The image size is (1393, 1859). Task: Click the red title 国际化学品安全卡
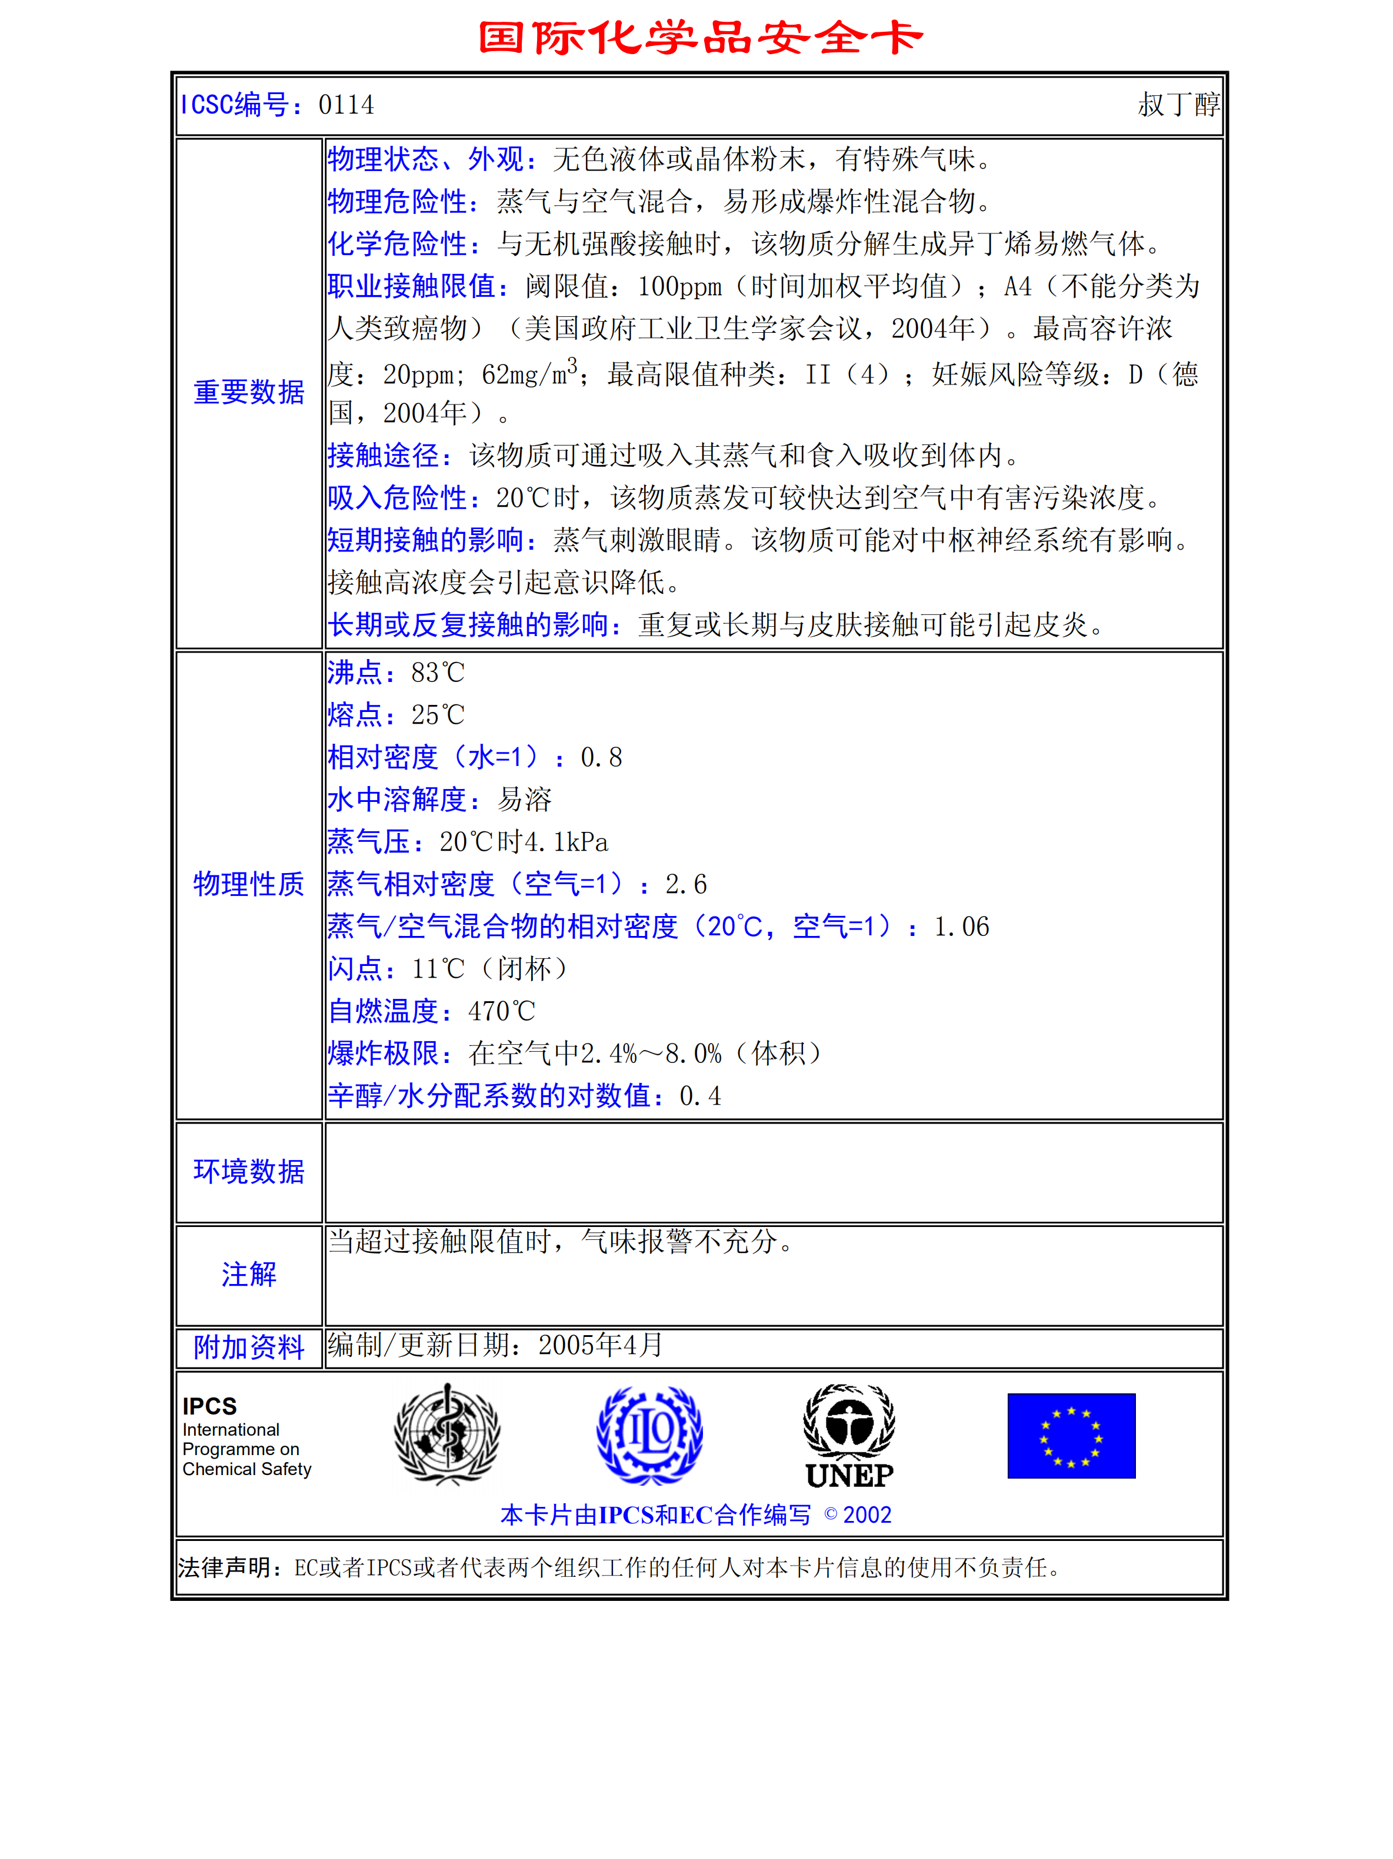point(700,38)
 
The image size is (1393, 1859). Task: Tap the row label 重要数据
point(249,393)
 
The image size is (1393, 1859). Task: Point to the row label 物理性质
point(249,884)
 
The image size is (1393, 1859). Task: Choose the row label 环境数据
point(249,1172)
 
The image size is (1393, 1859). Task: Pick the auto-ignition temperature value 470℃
point(501,1011)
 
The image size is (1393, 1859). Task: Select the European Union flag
point(1071,1436)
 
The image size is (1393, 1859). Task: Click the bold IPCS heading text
point(209,1406)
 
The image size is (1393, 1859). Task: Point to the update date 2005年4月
point(600,1346)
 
